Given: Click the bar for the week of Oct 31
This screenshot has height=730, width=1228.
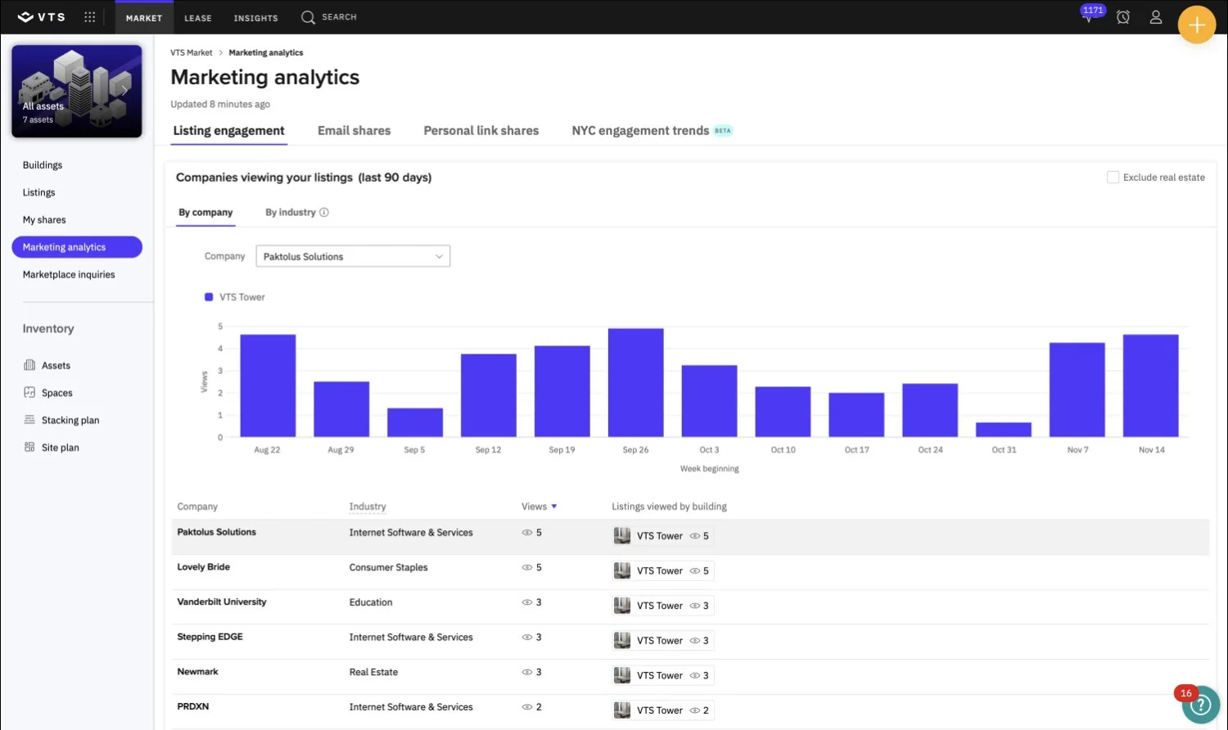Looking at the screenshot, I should pyautogui.click(x=1003, y=430).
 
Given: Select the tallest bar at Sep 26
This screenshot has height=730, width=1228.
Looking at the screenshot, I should pyautogui.click(x=635, y=383).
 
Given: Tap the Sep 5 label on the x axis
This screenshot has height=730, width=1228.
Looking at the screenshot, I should pyautogui.click(x=414, y=449).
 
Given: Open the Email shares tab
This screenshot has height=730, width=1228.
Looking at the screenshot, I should pyautogui.click(x=354, y=131).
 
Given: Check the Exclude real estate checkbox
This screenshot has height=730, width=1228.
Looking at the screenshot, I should pyautogui.click(x=1113, y=178).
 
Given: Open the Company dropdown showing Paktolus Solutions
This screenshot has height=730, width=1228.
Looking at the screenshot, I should pyautogui.click(x=353, y=256).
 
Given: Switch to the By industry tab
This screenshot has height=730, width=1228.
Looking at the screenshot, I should pyautogui.click(x=291, y=212).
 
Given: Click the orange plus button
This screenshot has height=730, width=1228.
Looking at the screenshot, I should pyautogui.click(x=1196, y=25).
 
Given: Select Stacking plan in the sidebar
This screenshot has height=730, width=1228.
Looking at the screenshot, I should pyautogui.click(x=70, y=420).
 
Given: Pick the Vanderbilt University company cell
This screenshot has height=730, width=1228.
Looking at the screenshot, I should pyautogui.click(x=222, y=602).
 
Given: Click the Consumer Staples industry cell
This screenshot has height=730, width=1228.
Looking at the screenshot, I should pyautogui.click(x=388, y=567).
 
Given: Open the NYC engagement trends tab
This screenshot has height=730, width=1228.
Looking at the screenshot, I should pyautogui.click(x=641, y=131).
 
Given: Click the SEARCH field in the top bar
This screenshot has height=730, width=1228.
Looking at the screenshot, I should pyautogui.click(x=329, y=17).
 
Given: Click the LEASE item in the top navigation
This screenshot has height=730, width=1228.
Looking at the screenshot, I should pyautogui.click(x=197, y=18).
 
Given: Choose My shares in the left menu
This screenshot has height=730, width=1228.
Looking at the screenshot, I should pyautogui.click(x=44, y=219).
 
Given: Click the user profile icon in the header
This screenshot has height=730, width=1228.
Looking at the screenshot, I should pyautogui.click(x=1155, y=17).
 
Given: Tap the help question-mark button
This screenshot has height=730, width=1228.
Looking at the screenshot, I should pyautogui.click(x=1200, y=705).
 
